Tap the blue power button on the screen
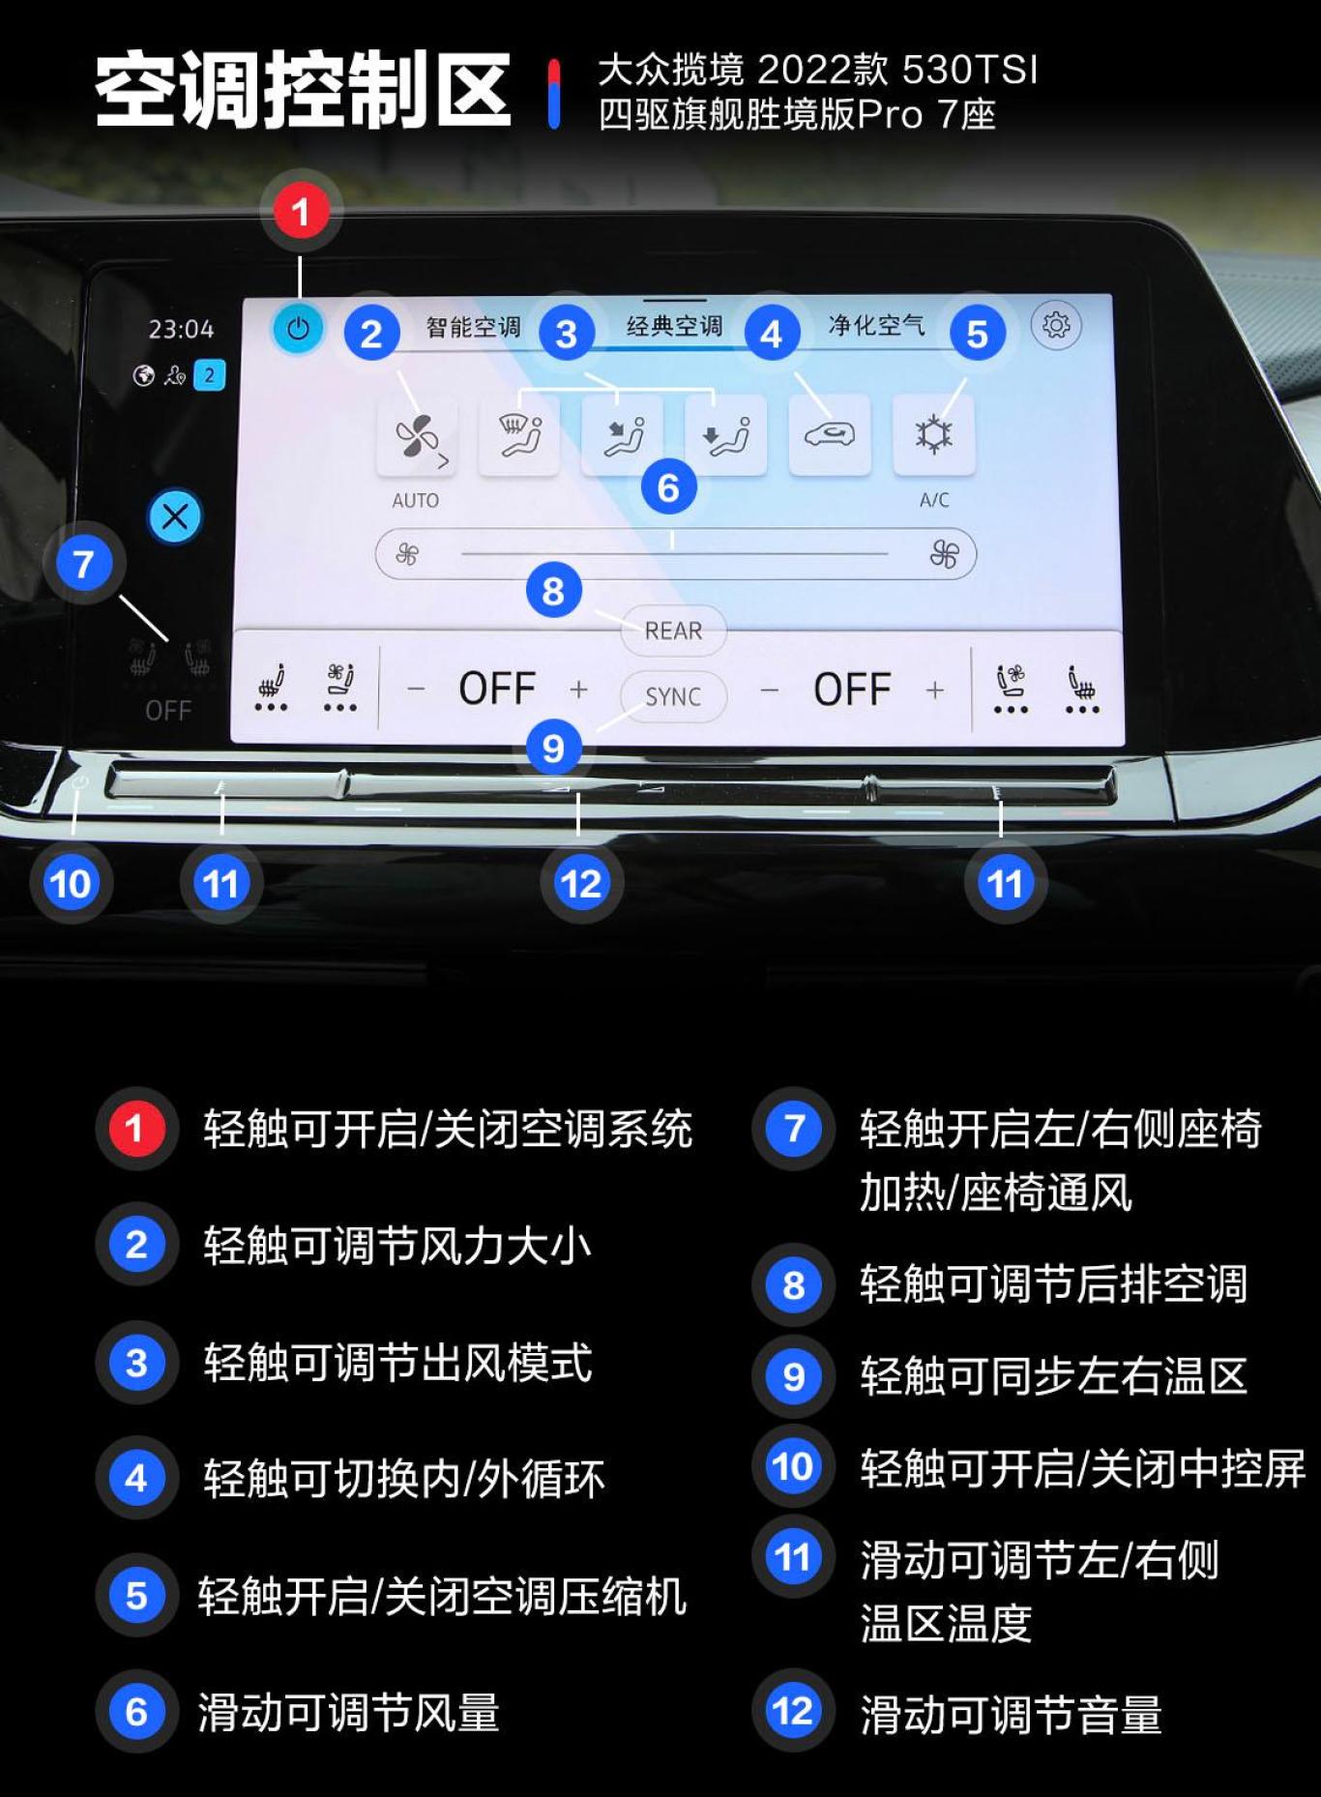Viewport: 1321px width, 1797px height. (x=298, y=329)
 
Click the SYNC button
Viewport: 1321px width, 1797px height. (x=673, y=696)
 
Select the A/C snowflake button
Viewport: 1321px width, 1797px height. (x=933, y=435)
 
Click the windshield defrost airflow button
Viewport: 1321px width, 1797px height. (x=519, y=435)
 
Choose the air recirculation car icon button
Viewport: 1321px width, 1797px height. (x=830, y=435)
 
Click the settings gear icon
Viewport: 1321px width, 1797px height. (x=1055, y=325)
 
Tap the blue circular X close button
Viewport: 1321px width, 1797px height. (x=175, y=516)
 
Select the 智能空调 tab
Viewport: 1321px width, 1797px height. (x=473, y=327)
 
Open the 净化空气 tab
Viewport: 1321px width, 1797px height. (x=875, y=325)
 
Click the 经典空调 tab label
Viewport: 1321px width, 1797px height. (x=674, y=326)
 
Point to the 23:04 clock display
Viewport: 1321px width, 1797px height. (x=181, y=330)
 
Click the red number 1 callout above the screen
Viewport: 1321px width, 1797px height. (x=301, y=212)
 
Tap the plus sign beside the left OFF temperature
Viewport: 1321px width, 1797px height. (x=578, y=690)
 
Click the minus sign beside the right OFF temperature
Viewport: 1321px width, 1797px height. (x=770, y=691)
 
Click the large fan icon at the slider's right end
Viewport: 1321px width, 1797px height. (x=944, y=554)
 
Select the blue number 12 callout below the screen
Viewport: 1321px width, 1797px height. (x=581, y=883)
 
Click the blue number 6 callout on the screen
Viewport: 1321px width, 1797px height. (x=668, y=487)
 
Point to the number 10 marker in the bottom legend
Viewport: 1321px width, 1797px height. (x=793, y=1466)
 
